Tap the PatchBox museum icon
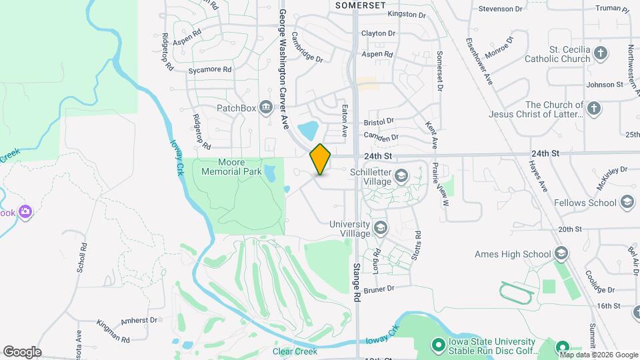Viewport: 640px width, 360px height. pos(266,107)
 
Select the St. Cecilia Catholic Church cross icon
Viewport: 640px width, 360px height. pos(601,53)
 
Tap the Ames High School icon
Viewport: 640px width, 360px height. pos(561,253)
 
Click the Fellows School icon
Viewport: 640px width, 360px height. pos(627,202)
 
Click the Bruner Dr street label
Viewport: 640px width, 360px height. pos(380,289)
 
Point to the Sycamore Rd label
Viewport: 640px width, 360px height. pos(209,69)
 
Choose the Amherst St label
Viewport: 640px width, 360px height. pos(139,320)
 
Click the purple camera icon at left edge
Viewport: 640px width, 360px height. pos(25,212)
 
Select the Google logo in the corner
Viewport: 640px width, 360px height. pos(22,352)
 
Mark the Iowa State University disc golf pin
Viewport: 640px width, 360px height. pos(438,345)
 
